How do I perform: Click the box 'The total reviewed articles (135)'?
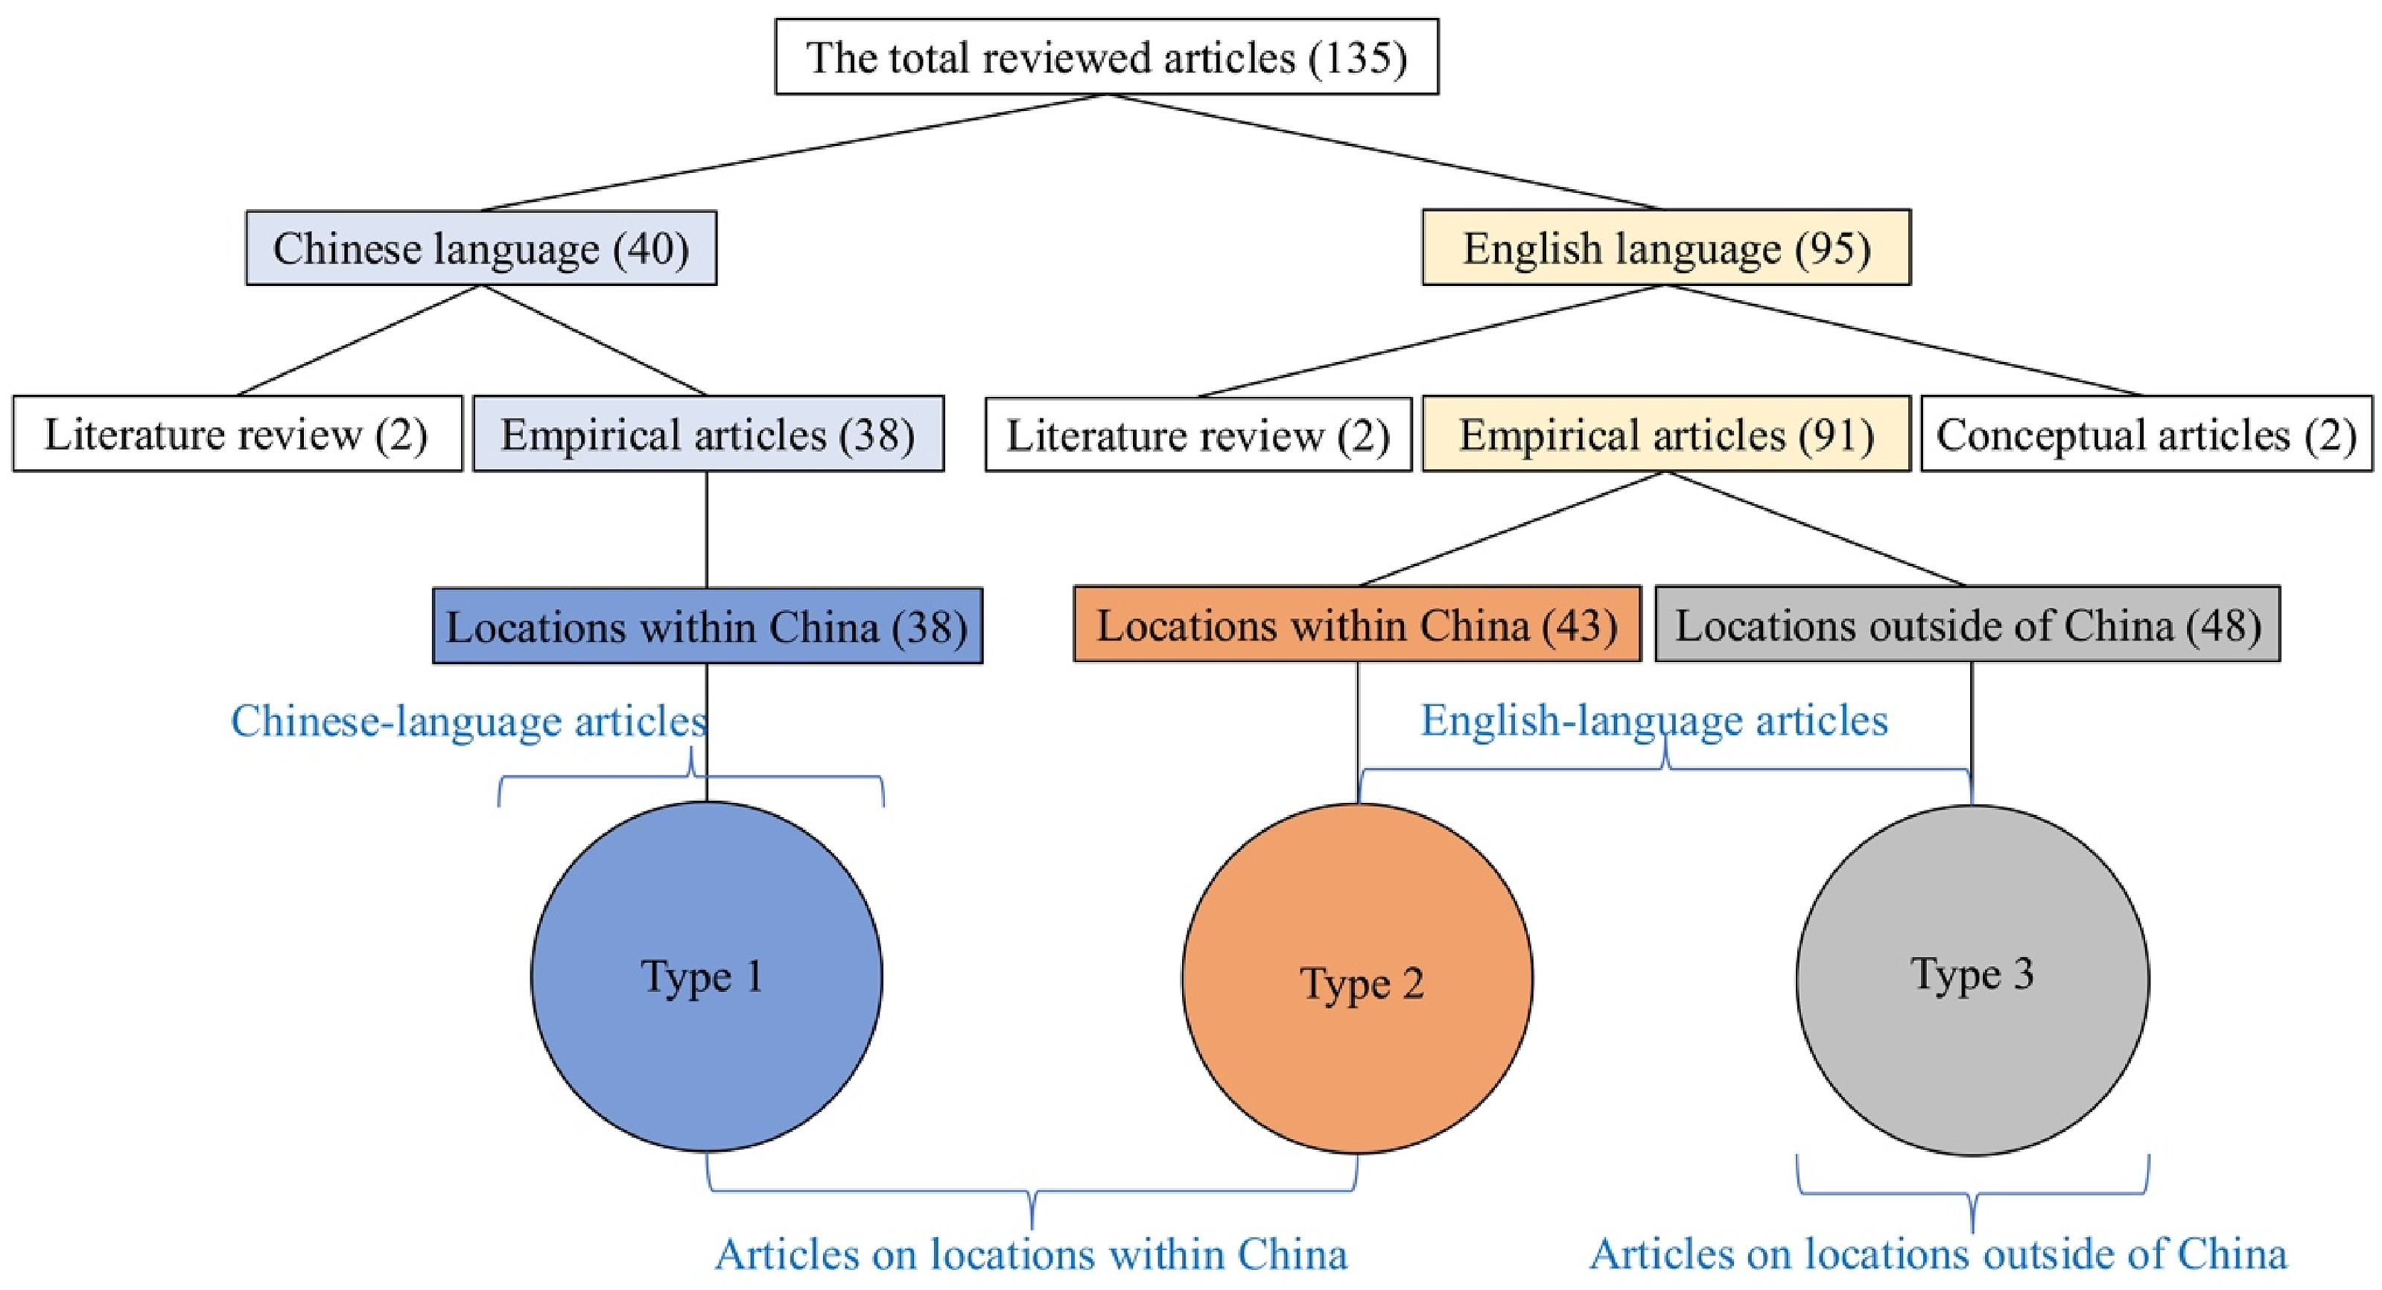1107,57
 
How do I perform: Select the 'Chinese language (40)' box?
481,248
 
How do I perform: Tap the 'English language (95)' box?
1666,247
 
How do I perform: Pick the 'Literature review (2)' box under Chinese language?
237,433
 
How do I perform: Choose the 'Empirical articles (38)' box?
708,433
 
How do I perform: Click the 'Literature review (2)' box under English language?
1198,435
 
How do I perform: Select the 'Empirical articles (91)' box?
1666,433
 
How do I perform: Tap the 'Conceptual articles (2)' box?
2147,433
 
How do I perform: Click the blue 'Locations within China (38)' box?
708,626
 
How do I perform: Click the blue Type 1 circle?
706,976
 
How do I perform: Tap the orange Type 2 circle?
1357,979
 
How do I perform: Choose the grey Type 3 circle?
1973,980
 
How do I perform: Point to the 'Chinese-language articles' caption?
469,721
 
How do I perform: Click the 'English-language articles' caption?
1654,720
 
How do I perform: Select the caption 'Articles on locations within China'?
1031,1255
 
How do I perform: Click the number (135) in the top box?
1357,58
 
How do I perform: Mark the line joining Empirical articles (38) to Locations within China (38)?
708,530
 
